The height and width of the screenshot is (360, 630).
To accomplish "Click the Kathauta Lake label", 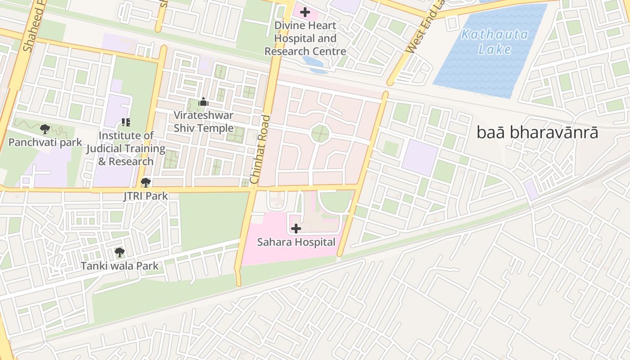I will point(495,41).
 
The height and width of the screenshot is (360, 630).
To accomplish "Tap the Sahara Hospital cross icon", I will point(296,229).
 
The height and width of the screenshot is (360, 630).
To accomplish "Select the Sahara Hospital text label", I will point(296,242).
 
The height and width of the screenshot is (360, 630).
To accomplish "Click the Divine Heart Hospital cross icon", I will point(305,12).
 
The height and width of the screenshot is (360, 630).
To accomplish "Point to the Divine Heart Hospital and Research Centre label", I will point(305,38).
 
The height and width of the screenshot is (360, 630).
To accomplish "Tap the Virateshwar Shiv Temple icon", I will point(203,102).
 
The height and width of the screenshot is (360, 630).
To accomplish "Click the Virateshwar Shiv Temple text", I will point(203,121).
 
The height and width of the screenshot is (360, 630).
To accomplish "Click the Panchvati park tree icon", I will point(45,130).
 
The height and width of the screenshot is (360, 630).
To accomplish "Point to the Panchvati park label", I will point(45,143).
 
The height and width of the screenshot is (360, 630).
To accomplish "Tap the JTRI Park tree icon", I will point(145,183).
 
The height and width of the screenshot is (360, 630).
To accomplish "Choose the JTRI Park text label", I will point(145,196).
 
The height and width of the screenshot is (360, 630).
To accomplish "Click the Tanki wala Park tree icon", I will point(119,252).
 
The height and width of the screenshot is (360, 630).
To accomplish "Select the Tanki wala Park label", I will point(119,266).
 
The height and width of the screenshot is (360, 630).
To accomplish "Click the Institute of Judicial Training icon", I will point(126,122).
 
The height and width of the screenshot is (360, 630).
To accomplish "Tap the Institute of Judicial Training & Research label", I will point(126,148).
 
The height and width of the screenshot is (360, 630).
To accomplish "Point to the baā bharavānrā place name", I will point(537,133).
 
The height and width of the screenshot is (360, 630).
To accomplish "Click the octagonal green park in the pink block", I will point(320,134).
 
